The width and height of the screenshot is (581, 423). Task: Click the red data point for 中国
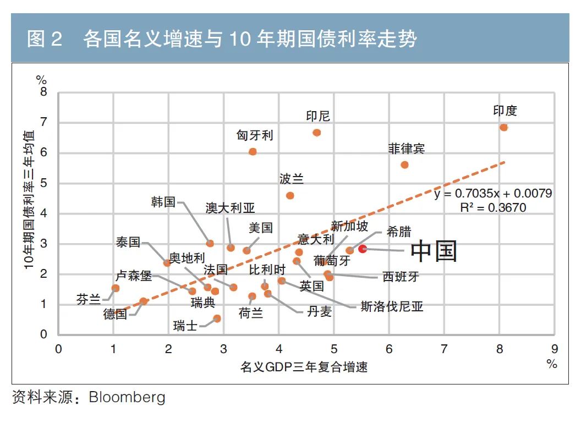tap(363, 249)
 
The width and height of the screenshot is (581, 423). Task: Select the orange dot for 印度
tap(503, 128)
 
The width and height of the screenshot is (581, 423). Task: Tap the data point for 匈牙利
tap(253, 151)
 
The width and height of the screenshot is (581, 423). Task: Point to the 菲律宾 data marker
tap(404, 164)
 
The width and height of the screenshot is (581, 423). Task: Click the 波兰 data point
tap(290, 195)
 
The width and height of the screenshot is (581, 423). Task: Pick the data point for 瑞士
tap(217, 318)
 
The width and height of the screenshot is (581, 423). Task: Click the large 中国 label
tap(434, 251)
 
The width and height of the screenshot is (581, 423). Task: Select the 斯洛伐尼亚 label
tap(392, 306)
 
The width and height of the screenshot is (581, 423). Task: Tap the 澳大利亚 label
tap(230, 208)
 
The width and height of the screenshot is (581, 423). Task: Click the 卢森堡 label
tap(133, 276)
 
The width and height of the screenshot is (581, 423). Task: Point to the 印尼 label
tap(318, 116)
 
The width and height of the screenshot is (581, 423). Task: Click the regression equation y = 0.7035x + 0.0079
tap(493, 194)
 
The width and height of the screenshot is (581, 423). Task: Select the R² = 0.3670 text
tap(493, 207)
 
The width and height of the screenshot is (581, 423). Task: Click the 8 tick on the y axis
tap(44, 92)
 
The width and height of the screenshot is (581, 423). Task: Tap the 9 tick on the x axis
tap(554, 349)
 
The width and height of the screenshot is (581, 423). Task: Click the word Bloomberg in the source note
tap(127, 397)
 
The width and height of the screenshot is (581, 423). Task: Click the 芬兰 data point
tap(116, 288)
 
